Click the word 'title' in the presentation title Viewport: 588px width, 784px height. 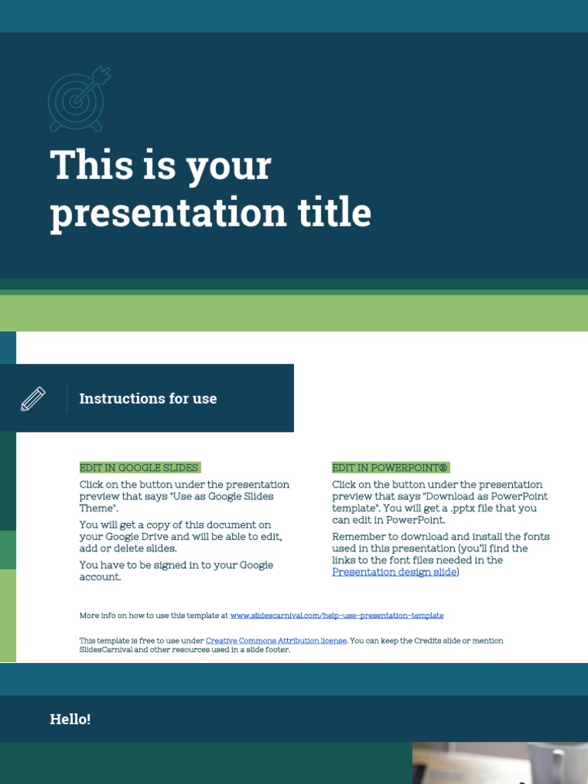click(x=338, y=212)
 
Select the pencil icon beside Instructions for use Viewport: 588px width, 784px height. click(x=33, y=398)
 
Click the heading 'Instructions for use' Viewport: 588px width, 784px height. click(x=148, y=398)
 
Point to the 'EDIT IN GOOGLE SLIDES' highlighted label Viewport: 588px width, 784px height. click(x=139, y=468)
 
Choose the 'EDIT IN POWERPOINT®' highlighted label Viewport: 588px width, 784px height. click(x=390, y=468)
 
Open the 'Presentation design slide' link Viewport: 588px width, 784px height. click(x=394, y=572)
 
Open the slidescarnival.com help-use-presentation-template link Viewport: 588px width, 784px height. click(x=337, y=616)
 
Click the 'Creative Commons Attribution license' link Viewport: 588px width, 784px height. click(x=276, y=641)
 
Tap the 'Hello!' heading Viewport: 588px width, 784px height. click(x=70, y=719)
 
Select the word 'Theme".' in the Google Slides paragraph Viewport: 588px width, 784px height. click(x=100, y=508)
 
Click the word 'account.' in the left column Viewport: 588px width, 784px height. click(x=100, y=577)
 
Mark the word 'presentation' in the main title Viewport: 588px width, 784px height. click(x=145, y=212)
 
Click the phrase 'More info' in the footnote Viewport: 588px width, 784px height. click(x=96, y=616)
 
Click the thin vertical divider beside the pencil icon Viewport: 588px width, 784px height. click(x=67, y=398)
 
